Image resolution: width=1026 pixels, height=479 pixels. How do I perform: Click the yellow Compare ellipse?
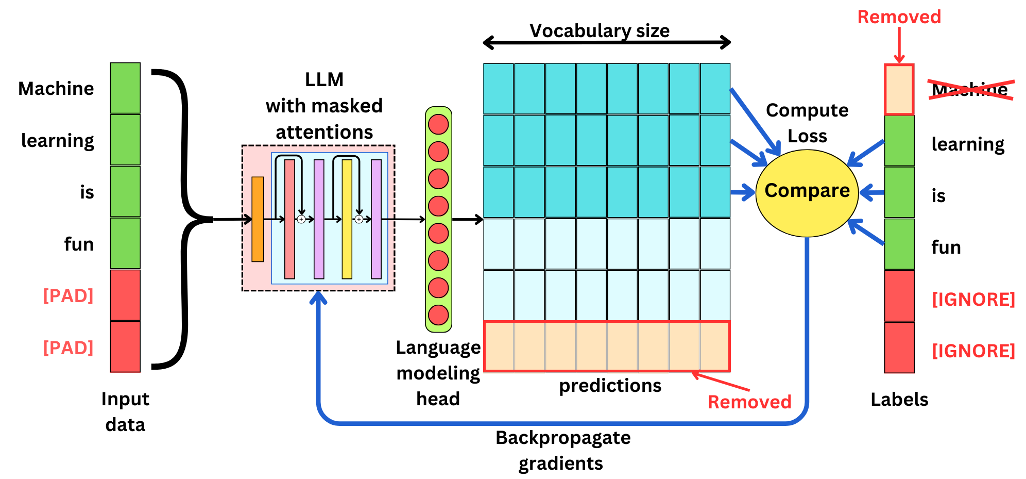tap(807, 193)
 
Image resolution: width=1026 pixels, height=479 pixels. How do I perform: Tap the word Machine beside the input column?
tap(56, 89)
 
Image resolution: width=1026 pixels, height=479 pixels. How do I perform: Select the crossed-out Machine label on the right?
tap(969, 90)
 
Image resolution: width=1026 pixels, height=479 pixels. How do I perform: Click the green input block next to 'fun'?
tap(125, 243)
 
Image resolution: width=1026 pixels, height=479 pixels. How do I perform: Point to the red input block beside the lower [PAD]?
tap(125, 346)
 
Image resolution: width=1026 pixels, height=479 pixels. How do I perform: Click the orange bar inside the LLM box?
tap(258, 219)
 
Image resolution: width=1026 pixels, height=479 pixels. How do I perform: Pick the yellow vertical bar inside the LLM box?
tap(347, 219)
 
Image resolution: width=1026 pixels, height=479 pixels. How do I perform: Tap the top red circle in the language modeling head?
tap(438, 124)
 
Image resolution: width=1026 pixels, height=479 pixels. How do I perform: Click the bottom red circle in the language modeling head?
tap(438, 315)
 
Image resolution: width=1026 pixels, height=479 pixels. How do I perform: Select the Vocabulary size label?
tap(600, 31)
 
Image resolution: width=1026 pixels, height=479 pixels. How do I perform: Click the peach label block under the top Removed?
tap(899, 90)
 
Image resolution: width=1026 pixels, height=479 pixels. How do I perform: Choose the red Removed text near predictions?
tap(749, 402)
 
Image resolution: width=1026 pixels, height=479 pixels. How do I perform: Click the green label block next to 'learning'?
tap(899, 141)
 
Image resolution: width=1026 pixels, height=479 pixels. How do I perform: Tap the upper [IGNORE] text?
tap(973, 299)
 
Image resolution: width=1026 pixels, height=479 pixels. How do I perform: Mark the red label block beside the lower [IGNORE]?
tap(899, 348)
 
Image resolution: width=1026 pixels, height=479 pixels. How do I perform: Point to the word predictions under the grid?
tap(610, 386)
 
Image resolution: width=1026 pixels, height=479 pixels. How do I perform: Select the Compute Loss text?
tap(807, 123)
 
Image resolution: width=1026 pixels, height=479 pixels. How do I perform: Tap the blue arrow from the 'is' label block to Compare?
tap(871, 193)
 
